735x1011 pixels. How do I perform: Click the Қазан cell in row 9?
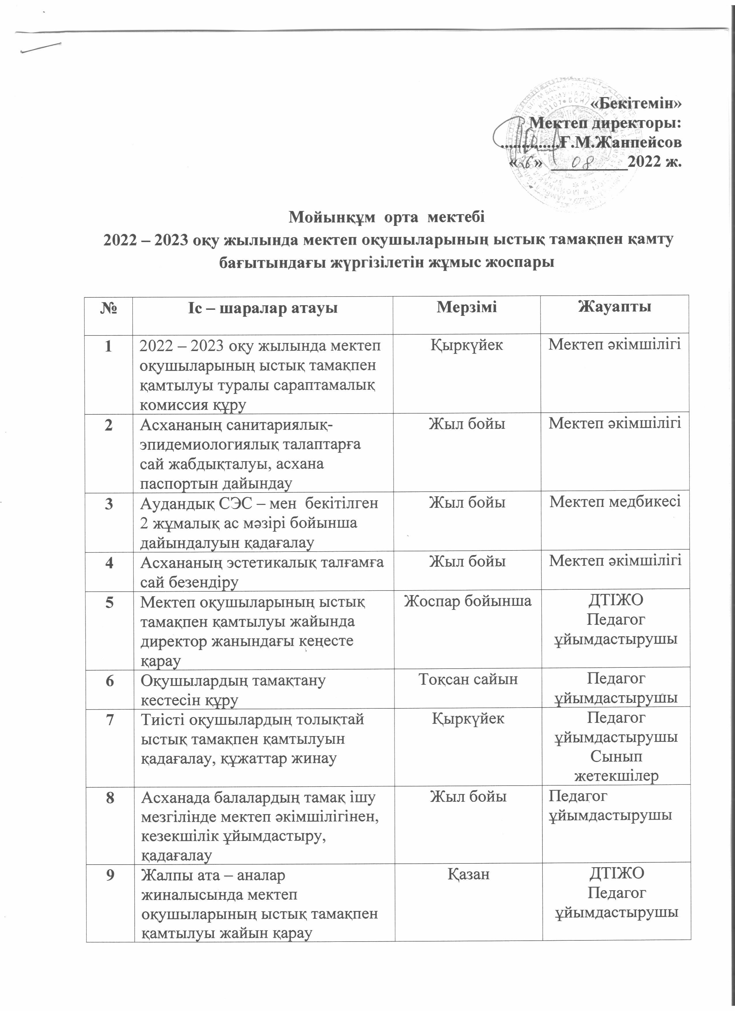click(468, 874)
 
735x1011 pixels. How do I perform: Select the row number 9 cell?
click(110, 875)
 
